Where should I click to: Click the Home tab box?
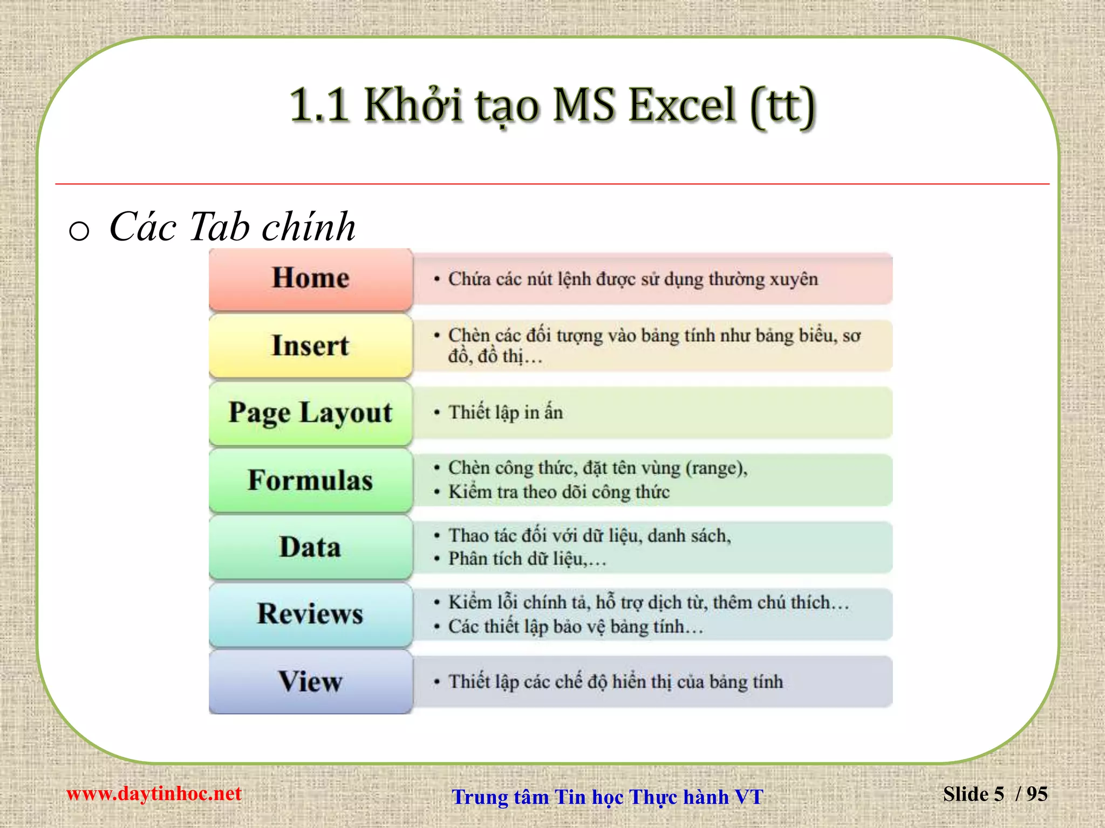[x=310, y=279]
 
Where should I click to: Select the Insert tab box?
[x=310, y=346]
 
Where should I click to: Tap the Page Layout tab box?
[x=310, y=413]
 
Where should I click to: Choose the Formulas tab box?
[x=310, y=480]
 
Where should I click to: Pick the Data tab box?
[x=310, y=547]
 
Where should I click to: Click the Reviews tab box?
[x=310, y=614]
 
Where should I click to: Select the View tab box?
[x=310, y=681]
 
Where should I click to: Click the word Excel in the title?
[x=682, y=105]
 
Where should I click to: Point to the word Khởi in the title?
[x=413, y=105]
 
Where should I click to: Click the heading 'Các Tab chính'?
[x=232, y=227]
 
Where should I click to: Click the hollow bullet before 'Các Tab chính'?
[x=79, y=231]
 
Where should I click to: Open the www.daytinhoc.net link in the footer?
[x=154, y=793]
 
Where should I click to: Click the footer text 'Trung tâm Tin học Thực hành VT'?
[x=608, y=797]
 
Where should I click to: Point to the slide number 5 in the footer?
[x=998, y=794]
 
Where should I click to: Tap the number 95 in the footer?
[x=1036, y=794]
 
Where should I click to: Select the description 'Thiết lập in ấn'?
[x=506, y=413]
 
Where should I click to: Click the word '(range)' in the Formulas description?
[x=716, y=468]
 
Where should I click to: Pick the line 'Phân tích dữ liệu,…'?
[x=527, y=559]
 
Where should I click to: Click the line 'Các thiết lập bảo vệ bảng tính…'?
[x=576, y=627]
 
